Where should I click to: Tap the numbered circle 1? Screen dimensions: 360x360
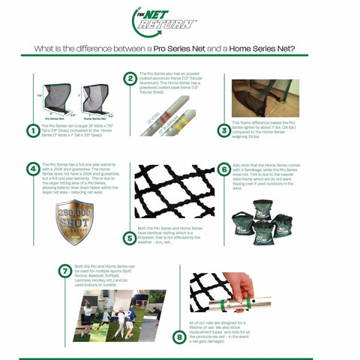[32, 131]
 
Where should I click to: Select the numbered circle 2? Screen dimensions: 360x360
[130, 79]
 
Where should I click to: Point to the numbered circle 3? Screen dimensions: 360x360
[223, 130]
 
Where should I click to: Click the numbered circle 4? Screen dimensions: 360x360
[32, 169]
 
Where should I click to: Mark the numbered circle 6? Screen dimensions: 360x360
[223, 170]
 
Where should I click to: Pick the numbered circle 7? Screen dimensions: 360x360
[66, 271]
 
